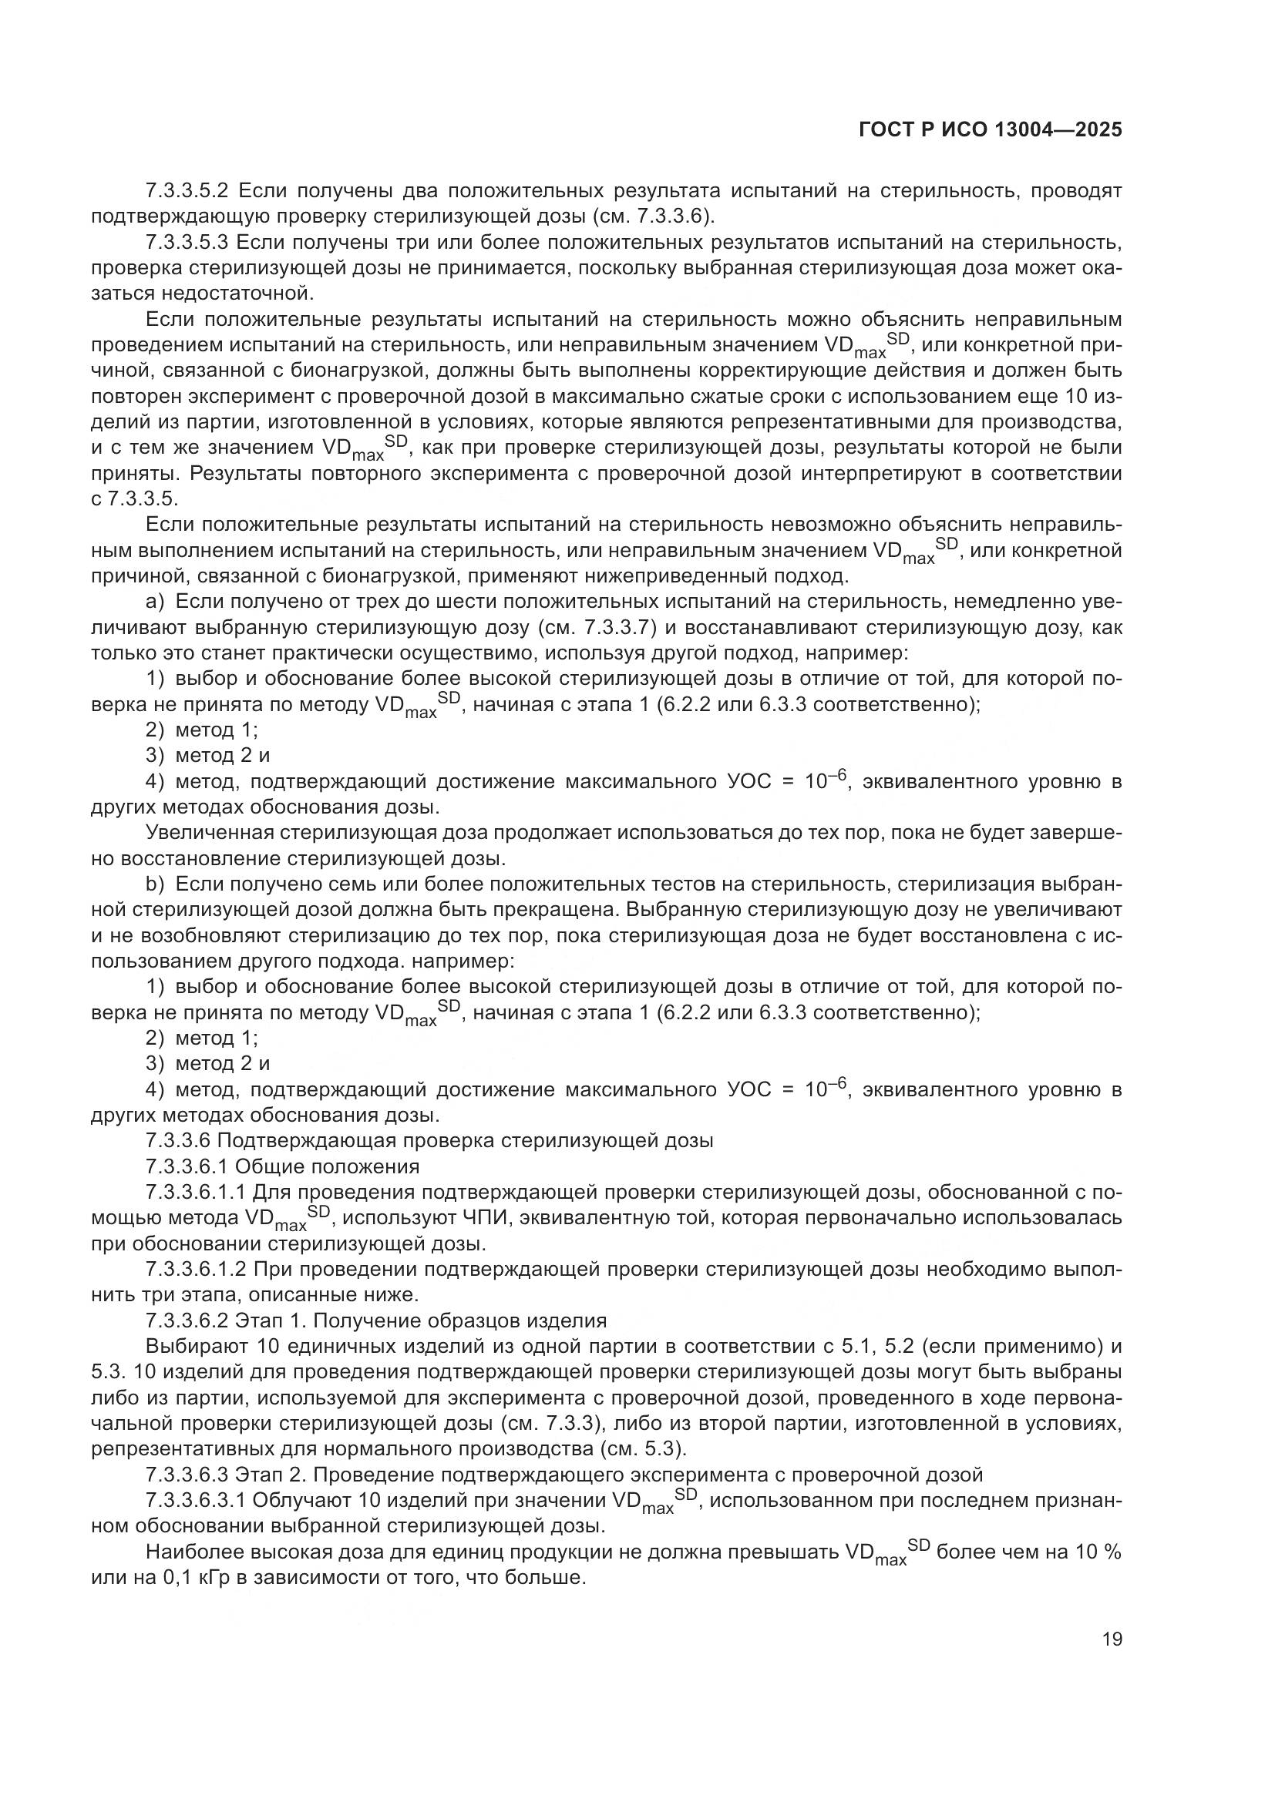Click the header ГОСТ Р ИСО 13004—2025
[x=990, y=130]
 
